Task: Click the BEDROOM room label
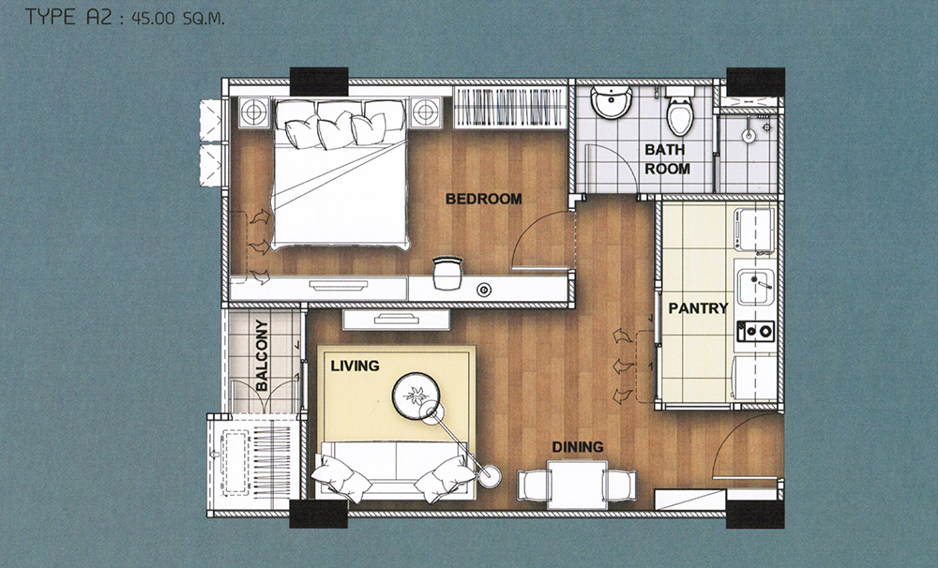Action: click(483, 199)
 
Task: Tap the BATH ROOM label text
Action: click(666, 159)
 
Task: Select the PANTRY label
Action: click(698, 308)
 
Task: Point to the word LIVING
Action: click(355, 366)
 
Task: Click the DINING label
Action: click(577, 447)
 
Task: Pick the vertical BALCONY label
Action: click(262, 355)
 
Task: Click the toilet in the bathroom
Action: click(679, 112)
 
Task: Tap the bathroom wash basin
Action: click(611, 101)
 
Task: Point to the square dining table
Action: click(577, 485)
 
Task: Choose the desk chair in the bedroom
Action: click(447, 273)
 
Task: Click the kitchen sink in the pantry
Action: click(755, 287)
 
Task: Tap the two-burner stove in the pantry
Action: click(755, 331)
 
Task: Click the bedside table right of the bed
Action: click(425, 112)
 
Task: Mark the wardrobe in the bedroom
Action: click(509, 107)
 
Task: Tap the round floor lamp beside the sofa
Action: click(491, 476)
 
